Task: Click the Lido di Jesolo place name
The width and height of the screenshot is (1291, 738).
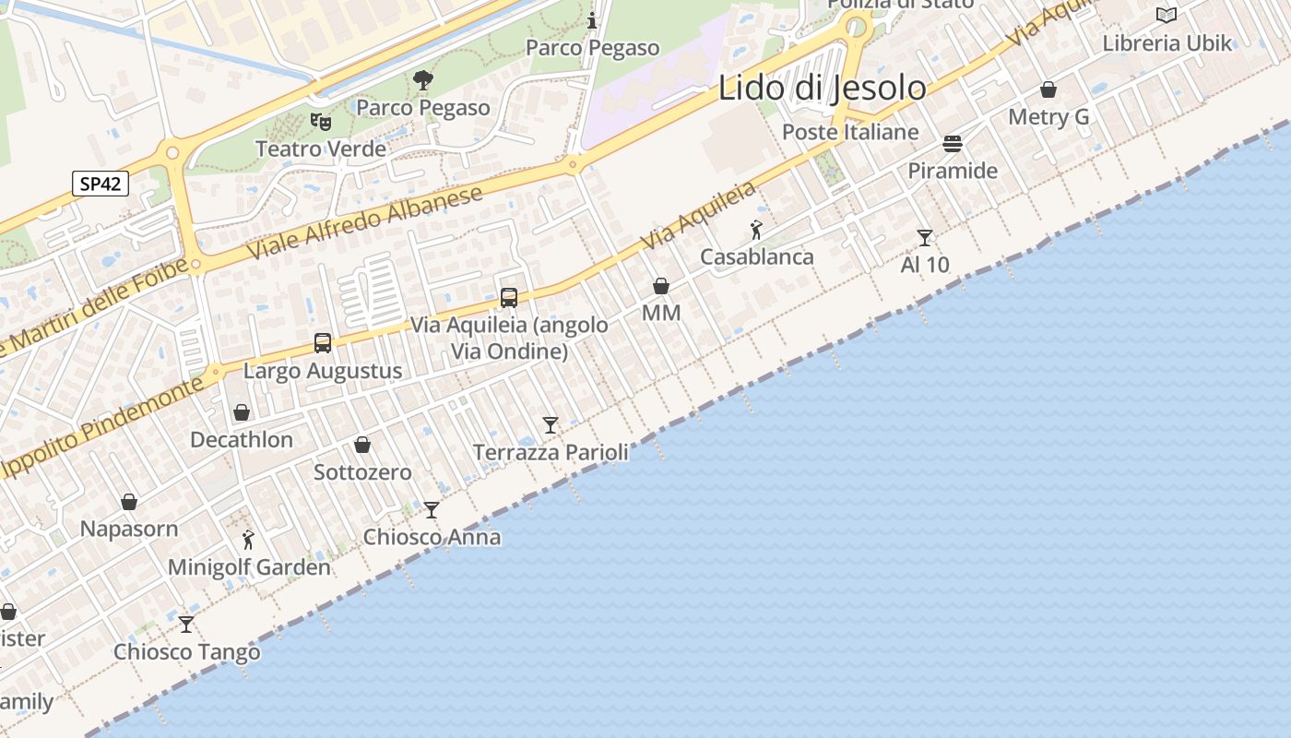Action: coord(822,89)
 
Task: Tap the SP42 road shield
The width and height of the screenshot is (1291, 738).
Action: coord(101,184)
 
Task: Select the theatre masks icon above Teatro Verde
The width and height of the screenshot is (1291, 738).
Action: coord(321,121)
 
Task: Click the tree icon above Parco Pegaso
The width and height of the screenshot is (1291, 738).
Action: coord(423,80)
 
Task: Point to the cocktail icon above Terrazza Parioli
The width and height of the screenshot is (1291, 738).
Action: coord(551,425)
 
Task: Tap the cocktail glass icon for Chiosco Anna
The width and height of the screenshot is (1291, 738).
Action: coord(432,510)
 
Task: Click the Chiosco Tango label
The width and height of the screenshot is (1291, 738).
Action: coord(187,652)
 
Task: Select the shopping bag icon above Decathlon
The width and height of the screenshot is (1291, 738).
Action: coord(242,412)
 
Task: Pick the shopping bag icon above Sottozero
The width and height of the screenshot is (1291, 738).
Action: coord(362,446)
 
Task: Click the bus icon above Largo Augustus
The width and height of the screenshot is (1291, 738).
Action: coord(323,343)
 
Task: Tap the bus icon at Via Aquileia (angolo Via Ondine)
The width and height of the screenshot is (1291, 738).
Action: coord(509,298)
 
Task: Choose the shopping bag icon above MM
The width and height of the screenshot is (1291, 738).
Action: coord(661,287)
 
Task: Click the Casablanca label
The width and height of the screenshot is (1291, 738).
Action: coord(757,256)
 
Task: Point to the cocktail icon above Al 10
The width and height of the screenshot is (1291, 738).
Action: coord(925,238)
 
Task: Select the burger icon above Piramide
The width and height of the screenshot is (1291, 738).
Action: coord(953,144)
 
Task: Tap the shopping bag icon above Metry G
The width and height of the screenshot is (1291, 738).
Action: coord(1048,90)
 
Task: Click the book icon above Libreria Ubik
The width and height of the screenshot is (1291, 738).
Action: coord(1167,16)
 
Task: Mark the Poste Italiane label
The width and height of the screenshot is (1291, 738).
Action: coord(850,132)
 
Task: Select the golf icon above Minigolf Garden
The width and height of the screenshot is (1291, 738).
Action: coord(248,541)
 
